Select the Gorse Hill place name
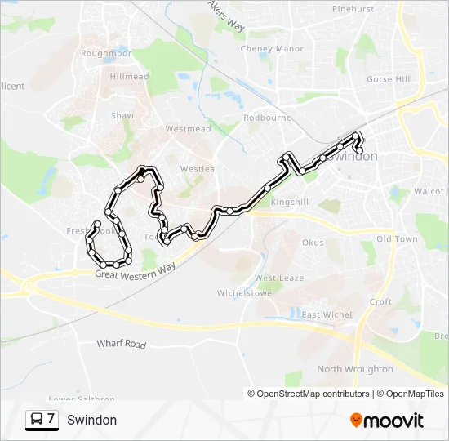pyautogui.click(x=388, y=80)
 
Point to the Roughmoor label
pyautogui.click(x=106, y=53)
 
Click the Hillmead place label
pyautogui.click(x=129, y=77)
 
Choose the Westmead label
pyautogui.click(x=188, y=129)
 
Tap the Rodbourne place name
pyautogui.click(x=267, y=118)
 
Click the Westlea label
pyautogui.click(x=197, y=169)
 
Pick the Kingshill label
pyautogui.click(x=290, y=202)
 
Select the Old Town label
pyautogui.click(x=396, y=239)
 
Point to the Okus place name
pyautogui.click(x=313, y=243)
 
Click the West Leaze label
pyautogui.click(x=278, y=278)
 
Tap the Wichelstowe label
pyautogui.click(x=238, y=292)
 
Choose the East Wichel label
pyautogui.click(x=327, y=315)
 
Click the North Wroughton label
pyautogui.click(x=354, y=369)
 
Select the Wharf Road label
pyautogui.click(x=121, y=344)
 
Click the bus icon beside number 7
pyautogui.click(x=37, y=420)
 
